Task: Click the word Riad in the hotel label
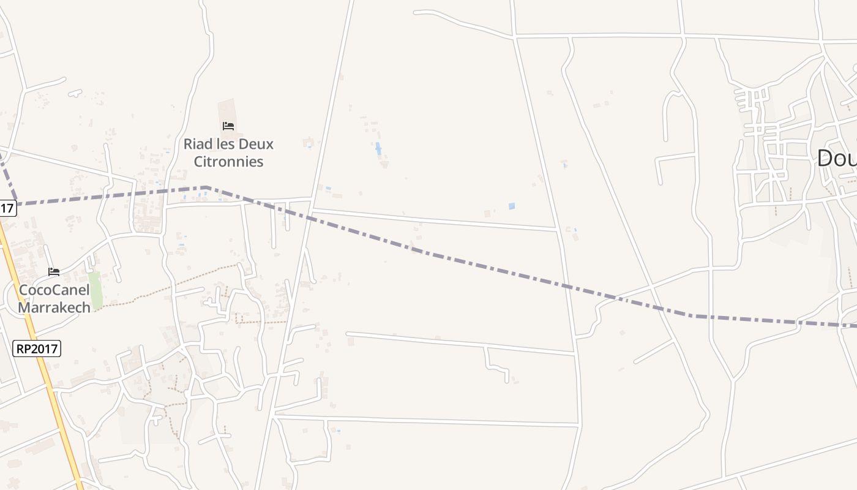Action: point(198,144)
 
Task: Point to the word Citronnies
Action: point(228,162)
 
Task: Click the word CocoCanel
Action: point(54,290)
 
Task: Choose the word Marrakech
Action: point(54,307)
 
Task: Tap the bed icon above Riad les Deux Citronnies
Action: point(228,126)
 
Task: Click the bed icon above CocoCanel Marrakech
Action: point(54,271)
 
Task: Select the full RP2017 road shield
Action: point(37,349)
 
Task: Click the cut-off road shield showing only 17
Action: point(6,208)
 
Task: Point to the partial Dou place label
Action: point(836,158)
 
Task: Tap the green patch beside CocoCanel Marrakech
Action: point(95,290)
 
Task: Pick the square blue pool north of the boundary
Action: point(512,206)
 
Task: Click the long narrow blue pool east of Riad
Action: point(378,148)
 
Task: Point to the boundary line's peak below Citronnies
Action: point(206,187)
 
